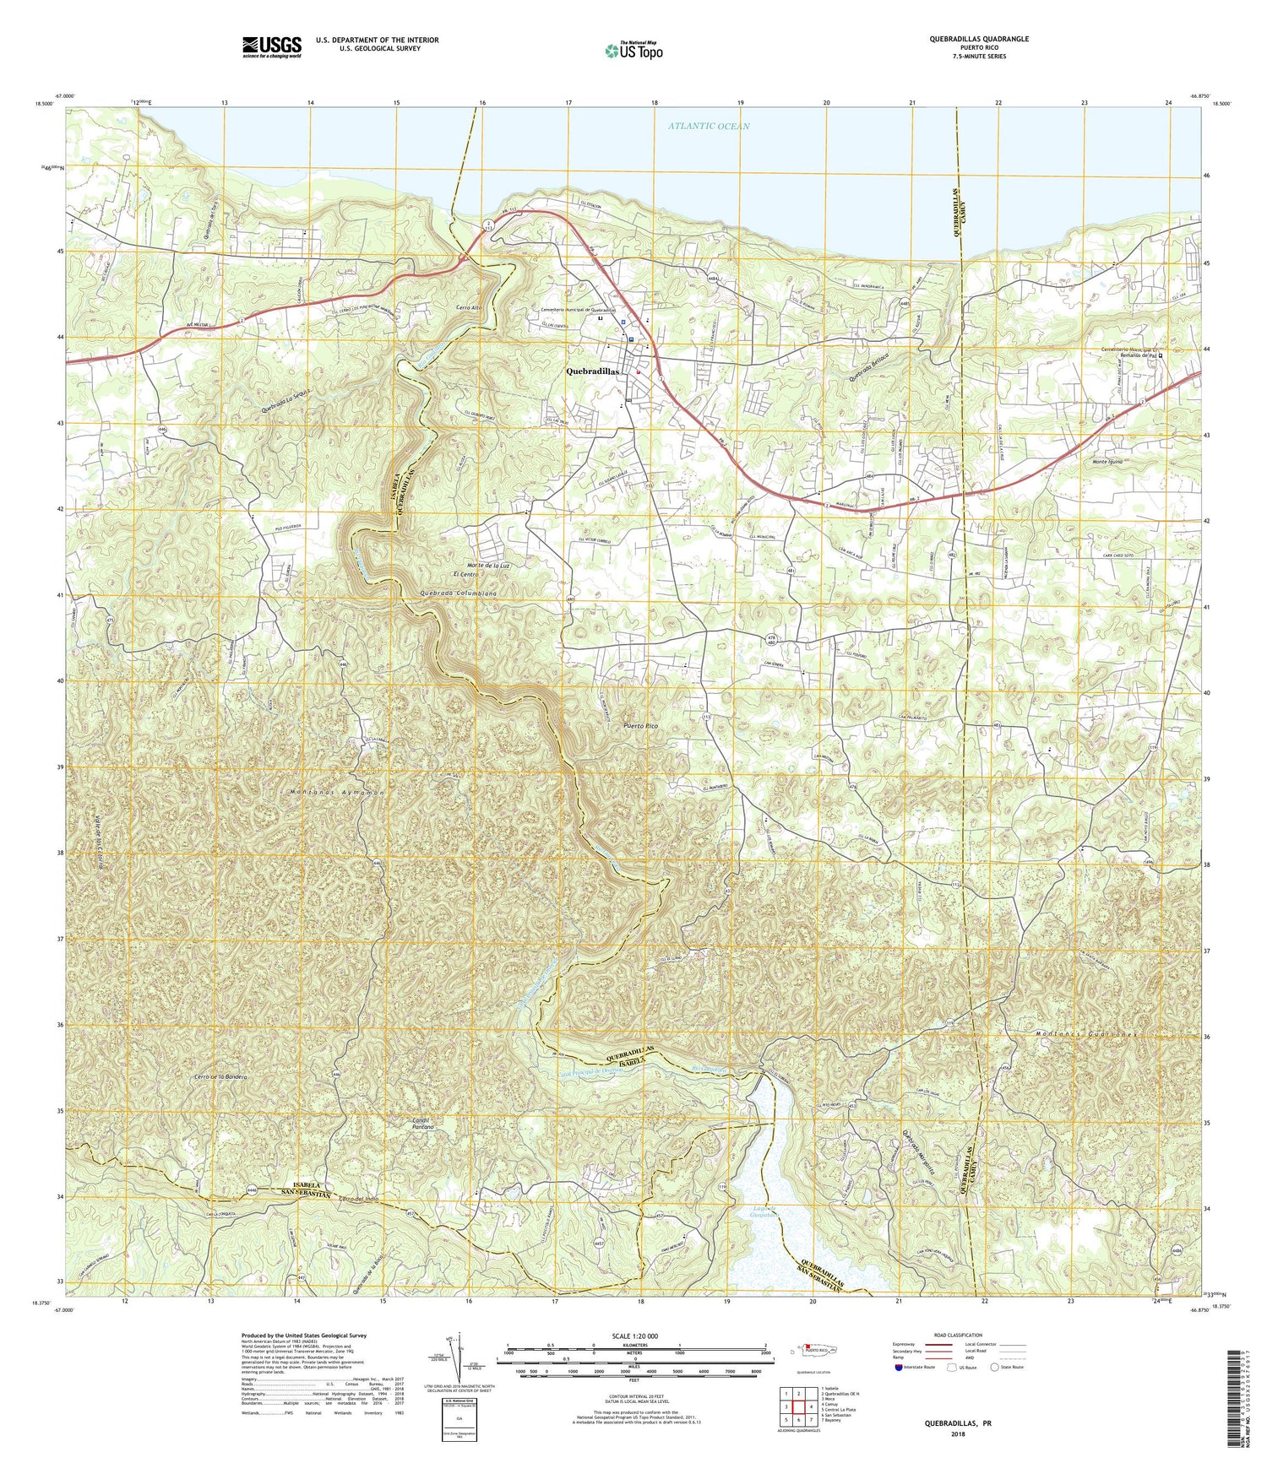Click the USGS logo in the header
(271, 45)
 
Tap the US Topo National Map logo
(633, 51)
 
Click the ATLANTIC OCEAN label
(708, 127)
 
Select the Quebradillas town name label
(594, 371)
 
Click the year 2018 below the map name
(958, 1434)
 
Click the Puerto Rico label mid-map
(639, 726)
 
